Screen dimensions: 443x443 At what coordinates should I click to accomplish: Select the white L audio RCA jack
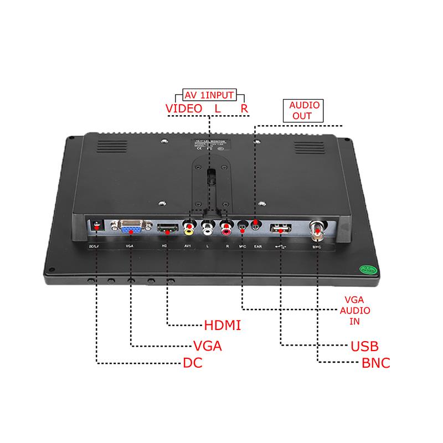209,226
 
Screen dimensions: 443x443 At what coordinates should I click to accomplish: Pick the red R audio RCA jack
226,226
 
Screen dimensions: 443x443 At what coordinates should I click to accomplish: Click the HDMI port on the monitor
167,227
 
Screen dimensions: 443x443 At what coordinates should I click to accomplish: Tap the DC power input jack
98,227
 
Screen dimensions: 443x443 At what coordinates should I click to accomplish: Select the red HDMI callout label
223,325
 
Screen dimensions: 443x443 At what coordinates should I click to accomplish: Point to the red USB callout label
365,347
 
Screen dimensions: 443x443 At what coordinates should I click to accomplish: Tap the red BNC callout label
375,364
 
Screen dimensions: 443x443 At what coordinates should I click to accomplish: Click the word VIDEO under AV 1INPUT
184,109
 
